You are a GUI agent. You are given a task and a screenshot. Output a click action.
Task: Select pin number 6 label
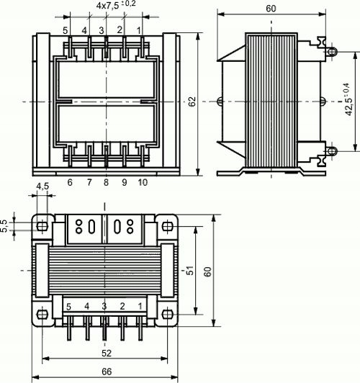pos(70,183)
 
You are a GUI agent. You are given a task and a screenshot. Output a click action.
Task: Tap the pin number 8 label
pos(106,183)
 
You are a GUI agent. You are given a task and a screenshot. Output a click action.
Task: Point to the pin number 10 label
pos(142,183)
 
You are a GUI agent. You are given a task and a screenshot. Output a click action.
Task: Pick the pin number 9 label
pos(124,183)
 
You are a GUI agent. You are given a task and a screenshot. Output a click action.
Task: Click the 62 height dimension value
pos(192,104)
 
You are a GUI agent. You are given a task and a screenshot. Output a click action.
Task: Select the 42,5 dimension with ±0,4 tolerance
pos(348,101)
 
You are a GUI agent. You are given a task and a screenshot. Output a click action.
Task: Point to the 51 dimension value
pos(189,270)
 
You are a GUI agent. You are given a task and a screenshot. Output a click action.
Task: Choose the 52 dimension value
pos(107,353)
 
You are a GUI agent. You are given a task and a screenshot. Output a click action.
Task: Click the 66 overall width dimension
pos(107,371)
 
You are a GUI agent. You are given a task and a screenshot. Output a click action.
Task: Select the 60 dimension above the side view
pos(271,9)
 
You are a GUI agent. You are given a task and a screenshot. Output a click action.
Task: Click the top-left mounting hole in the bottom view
pos(42,226)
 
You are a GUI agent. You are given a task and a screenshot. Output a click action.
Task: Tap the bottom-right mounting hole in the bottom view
pos(169,315)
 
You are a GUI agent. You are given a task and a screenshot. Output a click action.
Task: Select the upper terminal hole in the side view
pos(332,51)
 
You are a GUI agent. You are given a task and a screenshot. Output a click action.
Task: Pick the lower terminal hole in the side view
pos(332,150)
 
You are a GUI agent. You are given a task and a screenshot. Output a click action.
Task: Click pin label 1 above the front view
pos(140,30)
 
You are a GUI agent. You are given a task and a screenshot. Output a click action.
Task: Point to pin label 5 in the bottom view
pos(68,307)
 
